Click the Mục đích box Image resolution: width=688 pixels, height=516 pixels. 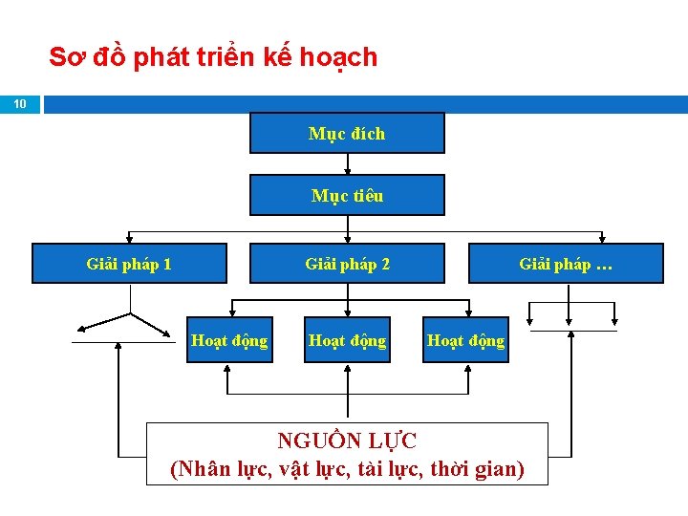tap(347, 133)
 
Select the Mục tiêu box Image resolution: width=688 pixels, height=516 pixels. tap(347, 195)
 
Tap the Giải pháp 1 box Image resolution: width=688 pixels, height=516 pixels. tap(129, 264)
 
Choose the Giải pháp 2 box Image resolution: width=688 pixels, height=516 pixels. tap(347, 264)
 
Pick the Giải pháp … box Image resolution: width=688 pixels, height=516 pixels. tap(566, 264)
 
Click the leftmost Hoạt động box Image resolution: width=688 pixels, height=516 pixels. tap(229, 340)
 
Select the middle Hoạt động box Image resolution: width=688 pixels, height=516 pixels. tap(347, 340)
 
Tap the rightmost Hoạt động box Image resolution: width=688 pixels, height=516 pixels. tap(465, 340)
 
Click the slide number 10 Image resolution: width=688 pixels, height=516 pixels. tap(21, 103)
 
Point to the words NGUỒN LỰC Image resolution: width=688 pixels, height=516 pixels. tap(347, 441)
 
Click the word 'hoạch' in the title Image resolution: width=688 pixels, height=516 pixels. tap(338, 57)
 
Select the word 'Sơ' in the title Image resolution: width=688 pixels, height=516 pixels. tap(63, 57)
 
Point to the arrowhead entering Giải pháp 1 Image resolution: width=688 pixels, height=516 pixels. tap(130, 239)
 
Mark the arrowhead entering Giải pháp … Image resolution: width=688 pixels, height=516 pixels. tap(602, 239)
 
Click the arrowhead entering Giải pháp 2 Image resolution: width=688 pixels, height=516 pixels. tap(347, 239)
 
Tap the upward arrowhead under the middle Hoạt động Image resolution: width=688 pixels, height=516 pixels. tap(347, 371)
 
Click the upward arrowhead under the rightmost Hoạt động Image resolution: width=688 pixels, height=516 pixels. tap(465, 371)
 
